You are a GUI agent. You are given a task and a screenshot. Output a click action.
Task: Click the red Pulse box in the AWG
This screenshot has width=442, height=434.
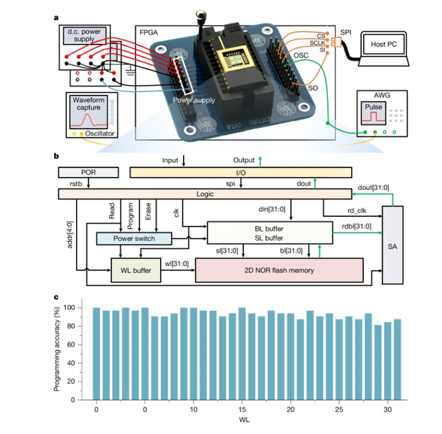(374, 113)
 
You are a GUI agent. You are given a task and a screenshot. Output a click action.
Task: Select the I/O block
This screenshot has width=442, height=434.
(241, 172)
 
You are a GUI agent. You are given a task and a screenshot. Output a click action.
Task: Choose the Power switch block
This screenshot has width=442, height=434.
(134, 238)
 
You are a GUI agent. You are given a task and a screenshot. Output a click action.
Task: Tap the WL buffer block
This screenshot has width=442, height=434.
(136, 270)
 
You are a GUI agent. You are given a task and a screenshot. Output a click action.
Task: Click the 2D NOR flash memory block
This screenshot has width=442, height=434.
(279, 270)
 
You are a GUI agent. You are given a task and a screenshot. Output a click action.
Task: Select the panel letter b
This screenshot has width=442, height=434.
(56, 158)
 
